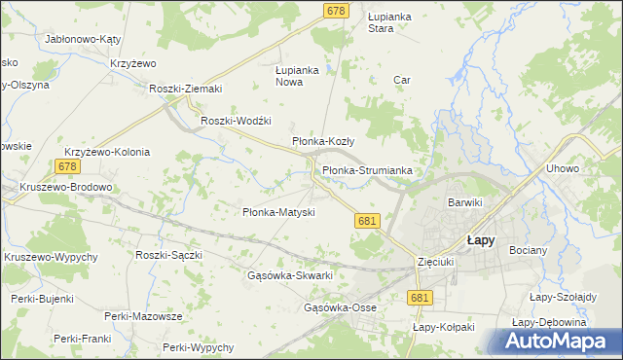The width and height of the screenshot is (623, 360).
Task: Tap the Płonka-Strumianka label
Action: tap(367, 170)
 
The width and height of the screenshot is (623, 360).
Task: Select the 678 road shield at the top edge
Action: tap(336, 10)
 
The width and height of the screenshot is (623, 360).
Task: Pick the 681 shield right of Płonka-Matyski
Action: tap(366, 222)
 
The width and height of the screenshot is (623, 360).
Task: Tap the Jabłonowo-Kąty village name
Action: tap(82, 40)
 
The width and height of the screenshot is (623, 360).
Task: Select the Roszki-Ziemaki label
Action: tap(186, 89)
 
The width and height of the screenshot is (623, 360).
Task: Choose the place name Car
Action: tap(400, 80)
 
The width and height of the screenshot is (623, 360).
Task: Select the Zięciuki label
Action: tap(435, 262)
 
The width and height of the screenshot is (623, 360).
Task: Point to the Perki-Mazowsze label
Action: tap(144, 317)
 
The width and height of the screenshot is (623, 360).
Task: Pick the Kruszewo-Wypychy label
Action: tap(51, 257)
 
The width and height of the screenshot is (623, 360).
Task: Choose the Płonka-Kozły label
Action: tap(323, 141)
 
